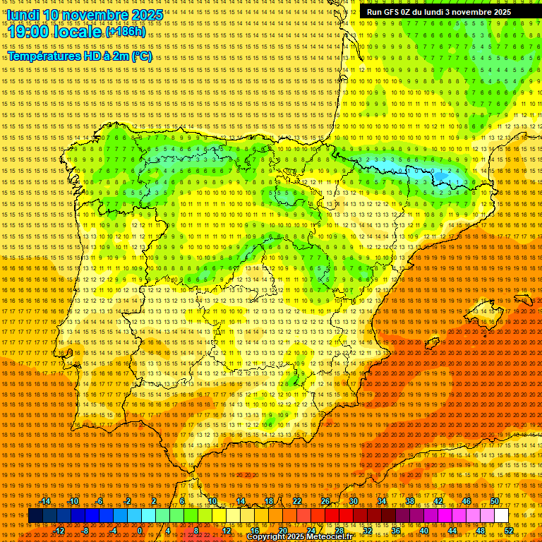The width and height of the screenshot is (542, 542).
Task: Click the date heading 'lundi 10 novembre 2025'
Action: pyautogui.click(x=85, y=15)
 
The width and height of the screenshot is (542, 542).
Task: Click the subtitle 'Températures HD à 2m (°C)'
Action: pyautogui.click(x=79, y=56)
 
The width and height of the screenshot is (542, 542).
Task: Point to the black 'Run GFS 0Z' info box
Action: pyautogui.click(x=450, y=11)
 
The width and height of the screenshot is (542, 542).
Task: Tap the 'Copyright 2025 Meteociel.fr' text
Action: pyautogui.click(x=309, y=537)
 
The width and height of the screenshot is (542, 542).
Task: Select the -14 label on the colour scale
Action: pyautogui.click(x=46, y=502)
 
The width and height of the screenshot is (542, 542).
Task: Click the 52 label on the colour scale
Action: pyautogui.click(x=509, y=531)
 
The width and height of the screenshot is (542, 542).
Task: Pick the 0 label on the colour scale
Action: pyautogui.click(x=140, y=531)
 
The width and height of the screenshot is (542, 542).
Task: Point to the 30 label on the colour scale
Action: pyautogui.click(x=353, y=502)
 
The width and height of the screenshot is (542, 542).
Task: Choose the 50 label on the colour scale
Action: pyautogui.click(x=495, y=502)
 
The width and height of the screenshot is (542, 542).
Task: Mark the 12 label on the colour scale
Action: pyautogui.click(x=227, y=531)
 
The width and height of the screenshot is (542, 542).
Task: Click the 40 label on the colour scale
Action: pyautogui.click(x=423, y=531)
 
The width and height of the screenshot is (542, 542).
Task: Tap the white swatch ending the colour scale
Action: pyautogui.click(x=502, y=516)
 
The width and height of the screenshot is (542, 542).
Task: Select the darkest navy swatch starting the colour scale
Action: pyautogui.click(x=35, y=516)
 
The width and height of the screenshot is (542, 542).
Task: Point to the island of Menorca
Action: pyautogui.click(x=524, y=299)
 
